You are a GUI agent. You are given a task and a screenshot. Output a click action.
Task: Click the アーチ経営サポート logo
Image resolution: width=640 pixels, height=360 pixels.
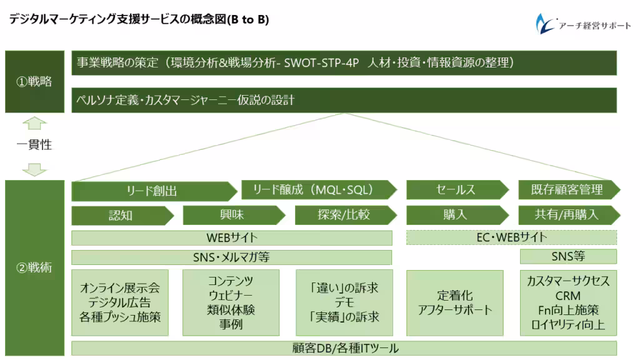(x=582, y=24)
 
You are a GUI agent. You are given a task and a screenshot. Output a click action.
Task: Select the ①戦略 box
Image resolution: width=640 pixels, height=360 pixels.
(x=35, y=81)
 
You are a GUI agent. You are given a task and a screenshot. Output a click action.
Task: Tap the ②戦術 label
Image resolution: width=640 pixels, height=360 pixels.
(x=35, y=267)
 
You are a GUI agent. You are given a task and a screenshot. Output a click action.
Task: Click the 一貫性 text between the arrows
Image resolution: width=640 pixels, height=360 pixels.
(x=34, y=144)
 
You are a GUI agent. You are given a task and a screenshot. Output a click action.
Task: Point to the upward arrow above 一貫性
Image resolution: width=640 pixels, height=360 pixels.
(x=34, y=123)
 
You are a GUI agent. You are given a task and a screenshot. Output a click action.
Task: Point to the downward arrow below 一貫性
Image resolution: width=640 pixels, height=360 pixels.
(x=34, y=169)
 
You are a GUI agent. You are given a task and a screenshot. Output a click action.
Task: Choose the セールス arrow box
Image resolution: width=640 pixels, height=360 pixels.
(x=456, y=189)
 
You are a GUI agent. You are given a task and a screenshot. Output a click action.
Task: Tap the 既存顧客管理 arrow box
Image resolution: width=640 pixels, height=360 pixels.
(x=567, y=189)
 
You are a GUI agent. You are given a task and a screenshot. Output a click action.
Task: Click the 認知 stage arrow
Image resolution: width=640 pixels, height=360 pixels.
(x=121, y=215)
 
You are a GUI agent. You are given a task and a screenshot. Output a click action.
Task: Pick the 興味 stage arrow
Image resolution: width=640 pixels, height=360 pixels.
(x=232, y=215)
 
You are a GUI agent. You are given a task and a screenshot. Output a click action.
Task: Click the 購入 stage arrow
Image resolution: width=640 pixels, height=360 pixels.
(x=456, y=215)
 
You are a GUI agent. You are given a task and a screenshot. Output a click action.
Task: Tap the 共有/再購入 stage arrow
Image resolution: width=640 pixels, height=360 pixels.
(x=567, y=215)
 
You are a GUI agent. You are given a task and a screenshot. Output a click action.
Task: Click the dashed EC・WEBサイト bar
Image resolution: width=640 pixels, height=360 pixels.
(x=511, y=237)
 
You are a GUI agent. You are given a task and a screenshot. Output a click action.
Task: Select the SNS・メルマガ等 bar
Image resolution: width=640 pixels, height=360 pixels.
(x=232, y=257)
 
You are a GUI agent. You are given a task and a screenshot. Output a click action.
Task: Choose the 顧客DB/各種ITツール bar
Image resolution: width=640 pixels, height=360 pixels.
(x=344, y=348)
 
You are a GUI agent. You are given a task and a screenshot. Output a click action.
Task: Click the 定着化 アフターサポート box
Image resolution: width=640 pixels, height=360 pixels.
(x=455, y=302)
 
